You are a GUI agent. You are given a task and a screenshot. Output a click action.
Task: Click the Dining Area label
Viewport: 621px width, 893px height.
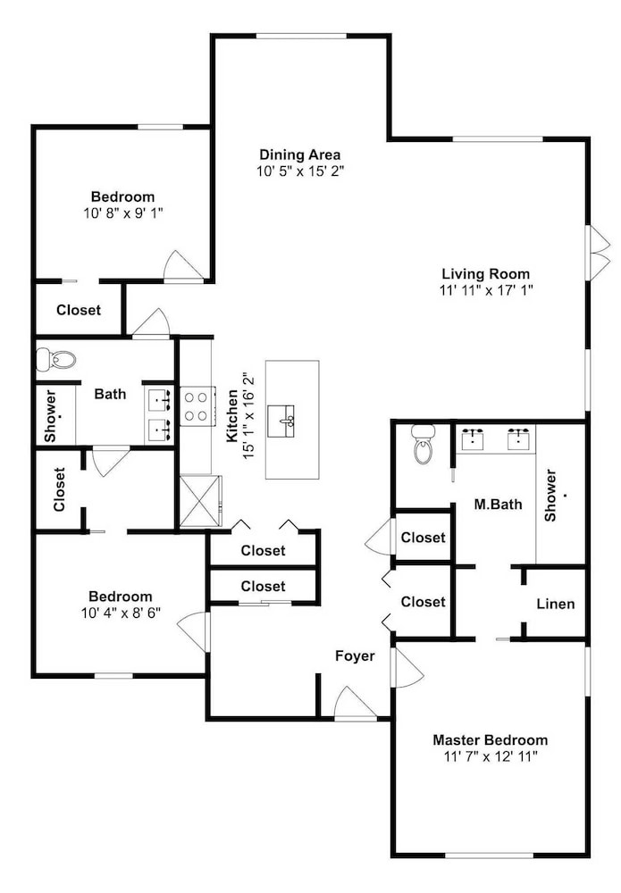(299, 154)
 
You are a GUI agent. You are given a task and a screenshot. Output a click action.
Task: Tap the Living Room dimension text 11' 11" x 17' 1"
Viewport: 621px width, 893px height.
(485, 290)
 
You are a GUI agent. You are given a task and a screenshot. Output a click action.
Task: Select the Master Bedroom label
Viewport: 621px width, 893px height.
(490, 739)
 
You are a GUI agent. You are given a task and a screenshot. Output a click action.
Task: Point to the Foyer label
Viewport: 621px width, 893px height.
(355, 656)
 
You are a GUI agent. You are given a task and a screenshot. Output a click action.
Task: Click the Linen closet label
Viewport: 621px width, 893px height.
(556, 604)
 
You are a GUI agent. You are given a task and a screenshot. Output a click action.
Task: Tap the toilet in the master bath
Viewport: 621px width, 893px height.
(423, 444)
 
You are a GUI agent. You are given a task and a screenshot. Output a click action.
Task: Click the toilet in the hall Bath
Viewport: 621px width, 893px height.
(55, 360)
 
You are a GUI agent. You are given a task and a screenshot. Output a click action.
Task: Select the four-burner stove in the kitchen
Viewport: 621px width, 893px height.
(197, 406)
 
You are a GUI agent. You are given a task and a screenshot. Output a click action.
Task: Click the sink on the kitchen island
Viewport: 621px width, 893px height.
(281, 421)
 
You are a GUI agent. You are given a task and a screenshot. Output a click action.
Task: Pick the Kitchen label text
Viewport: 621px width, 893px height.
(232, 416)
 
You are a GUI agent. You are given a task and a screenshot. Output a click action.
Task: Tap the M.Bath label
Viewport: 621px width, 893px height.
(498, 504)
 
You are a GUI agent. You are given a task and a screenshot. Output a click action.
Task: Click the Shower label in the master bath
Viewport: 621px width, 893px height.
(550, 495)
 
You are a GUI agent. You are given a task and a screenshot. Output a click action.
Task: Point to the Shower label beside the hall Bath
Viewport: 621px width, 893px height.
(50, 415)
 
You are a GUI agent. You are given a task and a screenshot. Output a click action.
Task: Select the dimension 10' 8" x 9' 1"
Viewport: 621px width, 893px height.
(123, 213)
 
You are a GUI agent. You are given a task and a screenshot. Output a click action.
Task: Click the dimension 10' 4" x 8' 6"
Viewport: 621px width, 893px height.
(121, 613)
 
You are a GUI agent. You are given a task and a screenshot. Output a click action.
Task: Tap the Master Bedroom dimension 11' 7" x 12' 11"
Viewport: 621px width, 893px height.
(490, 756)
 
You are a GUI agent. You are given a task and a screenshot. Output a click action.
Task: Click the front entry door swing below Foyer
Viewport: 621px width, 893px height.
(355, 704)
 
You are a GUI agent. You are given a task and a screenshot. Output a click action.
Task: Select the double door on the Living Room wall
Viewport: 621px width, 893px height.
(598, 253)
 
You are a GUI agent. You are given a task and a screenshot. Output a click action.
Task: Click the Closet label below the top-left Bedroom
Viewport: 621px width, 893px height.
(79, 310)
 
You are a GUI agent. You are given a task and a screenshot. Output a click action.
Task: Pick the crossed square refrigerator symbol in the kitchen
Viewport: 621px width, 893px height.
(200, 501)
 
